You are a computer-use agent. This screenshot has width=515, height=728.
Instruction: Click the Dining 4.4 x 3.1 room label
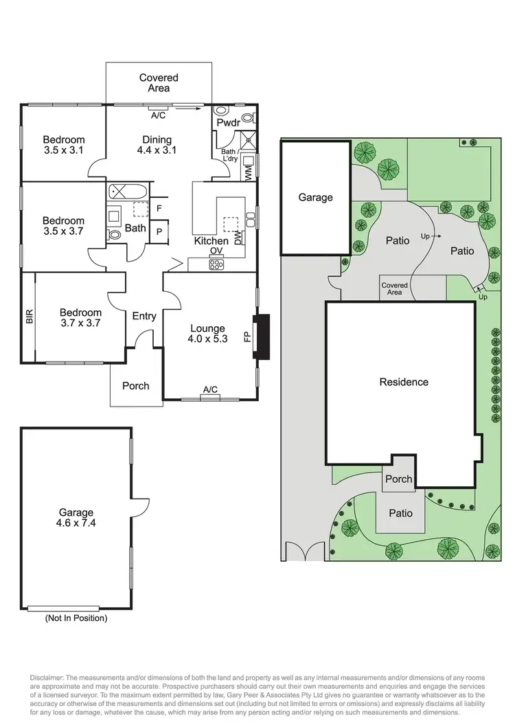tap(157, 145)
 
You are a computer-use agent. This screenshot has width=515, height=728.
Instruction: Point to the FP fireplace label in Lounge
tap(247, 337)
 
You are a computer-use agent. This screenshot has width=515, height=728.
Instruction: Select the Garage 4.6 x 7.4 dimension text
tap(76, 517)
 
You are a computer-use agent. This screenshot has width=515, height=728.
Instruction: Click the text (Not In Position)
tap(76, 618)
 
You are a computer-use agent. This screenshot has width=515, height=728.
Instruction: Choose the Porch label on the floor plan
tap(135, 385)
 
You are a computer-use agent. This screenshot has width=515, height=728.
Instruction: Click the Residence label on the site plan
tap(404, 382)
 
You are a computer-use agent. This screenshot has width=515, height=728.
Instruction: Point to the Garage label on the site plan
tap(315, 197)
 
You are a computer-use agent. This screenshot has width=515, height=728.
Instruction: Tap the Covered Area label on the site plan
tap(394, 289)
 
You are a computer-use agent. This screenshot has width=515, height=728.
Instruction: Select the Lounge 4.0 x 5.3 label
tap(208, 333)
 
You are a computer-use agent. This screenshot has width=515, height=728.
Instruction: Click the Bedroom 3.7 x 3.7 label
tap(80, 317)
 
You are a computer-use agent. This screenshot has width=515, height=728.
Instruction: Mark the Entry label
tap(144, 316)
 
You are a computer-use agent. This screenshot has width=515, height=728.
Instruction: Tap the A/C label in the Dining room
tap(158, 115)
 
